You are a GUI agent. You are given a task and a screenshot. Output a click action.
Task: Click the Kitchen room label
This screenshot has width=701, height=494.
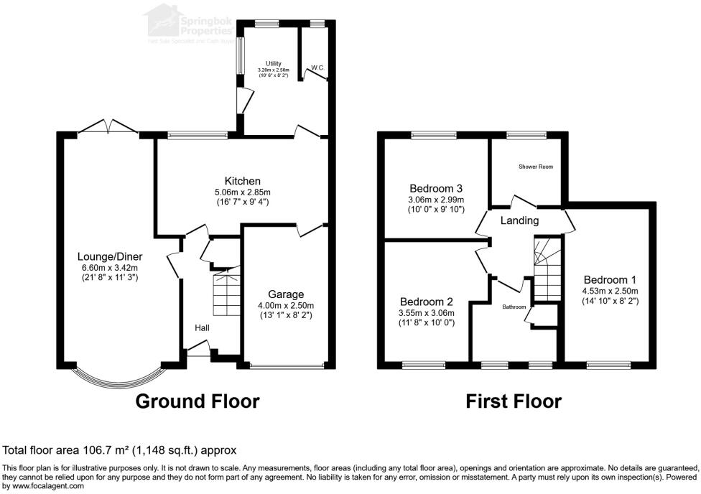point(242,181)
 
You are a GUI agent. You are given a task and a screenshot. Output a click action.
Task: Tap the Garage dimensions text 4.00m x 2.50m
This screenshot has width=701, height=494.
point(286,305)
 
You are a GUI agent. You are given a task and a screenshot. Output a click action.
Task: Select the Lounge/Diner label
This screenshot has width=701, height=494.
point(111,257)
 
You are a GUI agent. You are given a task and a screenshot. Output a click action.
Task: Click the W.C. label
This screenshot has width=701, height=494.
point(317,68)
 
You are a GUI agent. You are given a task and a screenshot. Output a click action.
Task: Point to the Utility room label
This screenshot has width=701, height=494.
point(272,63)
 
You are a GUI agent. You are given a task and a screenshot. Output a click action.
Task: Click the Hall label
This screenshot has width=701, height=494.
point(203,327)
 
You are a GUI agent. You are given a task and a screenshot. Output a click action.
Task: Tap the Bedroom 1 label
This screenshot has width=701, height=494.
point(610,279)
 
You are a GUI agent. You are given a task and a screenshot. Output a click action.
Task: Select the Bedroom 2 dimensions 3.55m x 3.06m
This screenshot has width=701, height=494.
point(427,312)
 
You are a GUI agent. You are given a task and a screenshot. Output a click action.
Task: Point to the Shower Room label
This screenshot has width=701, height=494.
point(536,167)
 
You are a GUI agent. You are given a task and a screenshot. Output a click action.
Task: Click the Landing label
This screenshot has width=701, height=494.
point(519,220)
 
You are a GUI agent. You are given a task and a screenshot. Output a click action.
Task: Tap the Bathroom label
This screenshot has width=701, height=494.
point(514,306)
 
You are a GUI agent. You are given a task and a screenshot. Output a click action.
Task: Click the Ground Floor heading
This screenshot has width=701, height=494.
point(198,401)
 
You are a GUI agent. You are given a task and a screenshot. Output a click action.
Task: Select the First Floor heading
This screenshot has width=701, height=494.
point(514,401)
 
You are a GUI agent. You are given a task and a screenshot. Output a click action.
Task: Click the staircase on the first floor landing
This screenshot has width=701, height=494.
point(547,269)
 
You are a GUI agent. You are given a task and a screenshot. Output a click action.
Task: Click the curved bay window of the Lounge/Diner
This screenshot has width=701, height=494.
point(118,378)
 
